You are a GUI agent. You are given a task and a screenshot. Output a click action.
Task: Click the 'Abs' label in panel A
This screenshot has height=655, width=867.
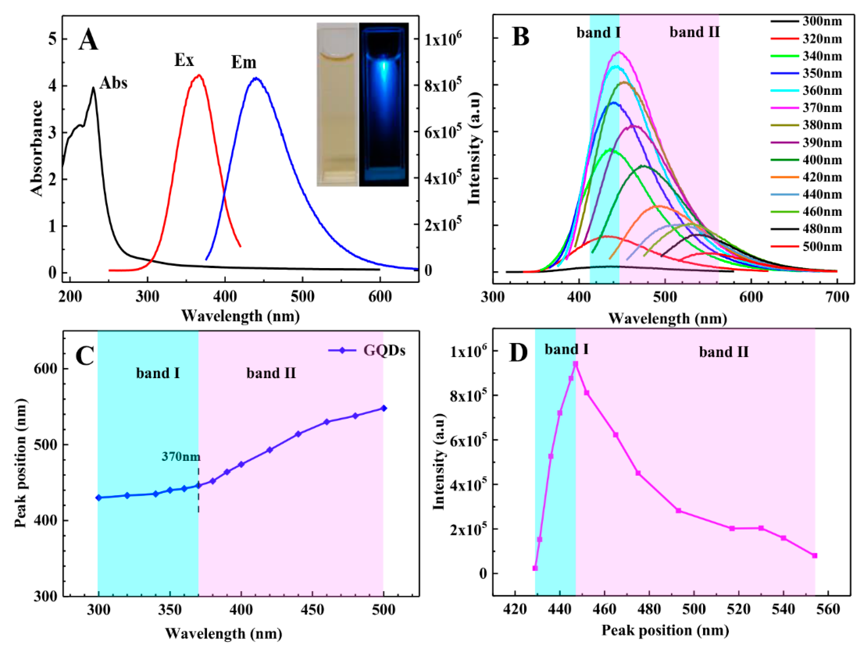(113, 83)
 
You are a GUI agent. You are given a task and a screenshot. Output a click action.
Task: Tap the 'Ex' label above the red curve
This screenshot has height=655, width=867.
(184, 60)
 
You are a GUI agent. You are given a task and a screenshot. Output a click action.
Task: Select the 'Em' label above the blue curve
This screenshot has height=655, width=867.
(243, 62)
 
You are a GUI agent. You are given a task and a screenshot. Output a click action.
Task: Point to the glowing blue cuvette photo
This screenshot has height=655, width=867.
(384, 104)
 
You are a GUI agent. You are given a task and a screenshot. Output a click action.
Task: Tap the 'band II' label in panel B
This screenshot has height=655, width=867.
(694, 32)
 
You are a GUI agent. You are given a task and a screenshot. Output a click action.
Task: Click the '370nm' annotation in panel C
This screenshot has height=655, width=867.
(181, 457)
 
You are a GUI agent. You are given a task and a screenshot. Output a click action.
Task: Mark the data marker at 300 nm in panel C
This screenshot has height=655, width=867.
(99, 498)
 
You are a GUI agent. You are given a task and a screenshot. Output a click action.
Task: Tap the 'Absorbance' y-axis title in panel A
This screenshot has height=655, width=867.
(36, 148)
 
